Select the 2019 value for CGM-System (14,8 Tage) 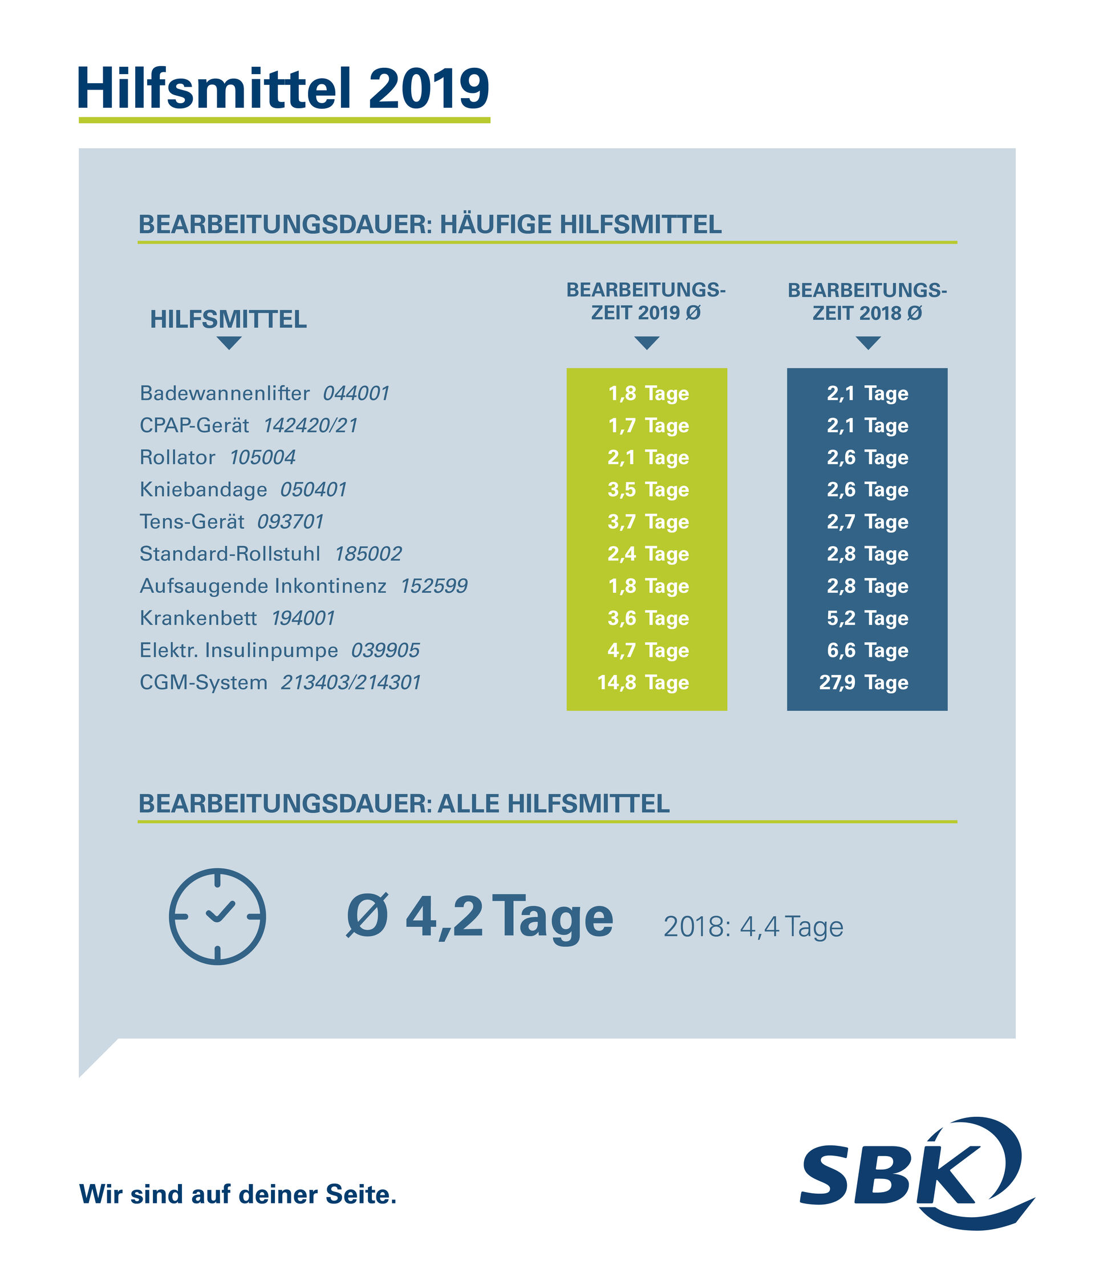pos(643,682)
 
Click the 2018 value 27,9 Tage pos(863,682)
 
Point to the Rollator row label pos(177,457)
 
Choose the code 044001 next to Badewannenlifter pos(356,393)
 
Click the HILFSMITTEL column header pos(228,320)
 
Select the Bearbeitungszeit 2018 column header pos(867,301)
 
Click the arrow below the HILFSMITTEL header pos(229,343)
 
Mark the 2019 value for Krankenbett pos(648,618)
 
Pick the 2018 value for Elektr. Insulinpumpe pos(867,650)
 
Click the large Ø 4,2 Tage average pos(480,918)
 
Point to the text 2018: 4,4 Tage pos(753,927)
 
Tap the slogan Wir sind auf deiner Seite pos(238,1194)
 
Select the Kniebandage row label pos(204,490)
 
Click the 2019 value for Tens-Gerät pos(648,522)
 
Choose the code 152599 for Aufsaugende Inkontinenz pos(433,586)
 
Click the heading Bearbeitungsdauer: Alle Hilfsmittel pos(403,804)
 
